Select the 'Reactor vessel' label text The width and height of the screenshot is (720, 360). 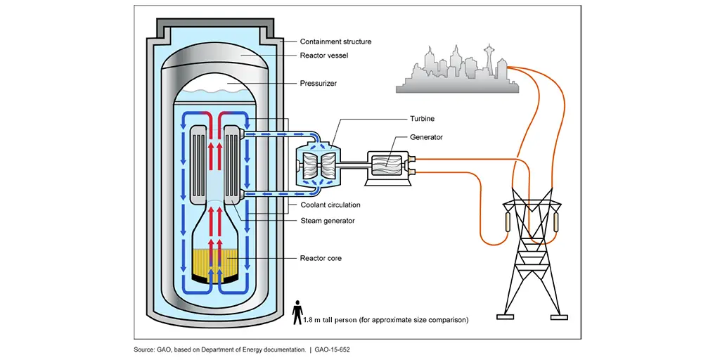323,55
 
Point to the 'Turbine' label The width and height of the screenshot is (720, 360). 422,120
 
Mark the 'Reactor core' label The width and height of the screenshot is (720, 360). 321,258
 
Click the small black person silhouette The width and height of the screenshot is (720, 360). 297,312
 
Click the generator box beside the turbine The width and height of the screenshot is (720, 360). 387,169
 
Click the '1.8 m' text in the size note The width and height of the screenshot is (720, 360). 312,319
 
